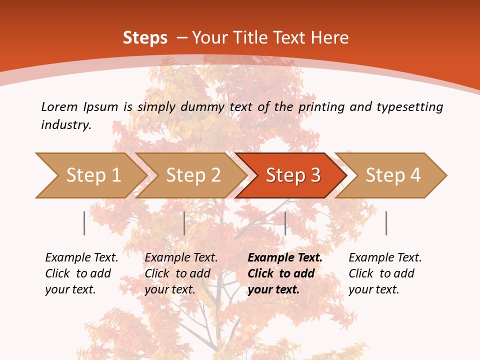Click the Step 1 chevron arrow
93,175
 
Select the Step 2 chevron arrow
193,175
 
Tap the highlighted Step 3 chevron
293,175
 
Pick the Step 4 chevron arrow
393,175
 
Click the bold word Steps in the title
145,38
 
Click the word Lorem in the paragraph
59,106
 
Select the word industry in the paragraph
65,125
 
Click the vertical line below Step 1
84,223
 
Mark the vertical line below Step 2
184,223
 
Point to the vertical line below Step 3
285,223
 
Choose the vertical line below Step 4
386,223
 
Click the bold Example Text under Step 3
285,258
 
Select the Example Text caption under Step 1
81,258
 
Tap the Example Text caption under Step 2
181,258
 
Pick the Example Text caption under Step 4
385,258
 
